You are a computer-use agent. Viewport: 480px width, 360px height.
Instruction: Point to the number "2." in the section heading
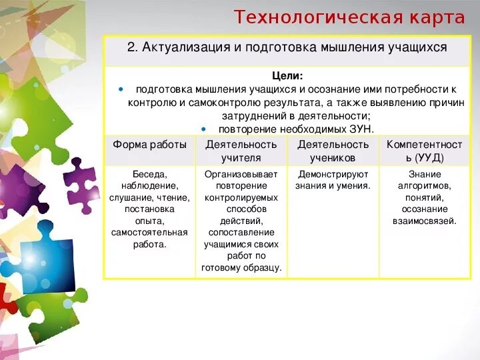pyautogui.click(x=131, y=48)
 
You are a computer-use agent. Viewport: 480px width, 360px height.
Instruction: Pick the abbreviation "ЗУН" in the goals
pyautogui.click(x=361, y=129)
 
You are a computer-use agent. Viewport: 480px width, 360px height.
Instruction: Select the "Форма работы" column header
pyautogui.click(x=149, y=145)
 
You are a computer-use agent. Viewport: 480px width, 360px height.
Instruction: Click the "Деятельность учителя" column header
pyautogui.click(x=241, y=151)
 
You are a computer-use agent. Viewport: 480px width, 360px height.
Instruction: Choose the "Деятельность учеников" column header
pyautogui.click(x=333, y=151)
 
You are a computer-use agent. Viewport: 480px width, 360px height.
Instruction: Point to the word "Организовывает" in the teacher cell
pyautogui.click(x=241, y=174)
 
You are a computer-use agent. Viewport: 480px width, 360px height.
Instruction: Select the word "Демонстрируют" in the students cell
pyautogui.click(x=333, y=174)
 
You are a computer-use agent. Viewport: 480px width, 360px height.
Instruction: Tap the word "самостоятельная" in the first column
pyautogui.click(x=149, y=233)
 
